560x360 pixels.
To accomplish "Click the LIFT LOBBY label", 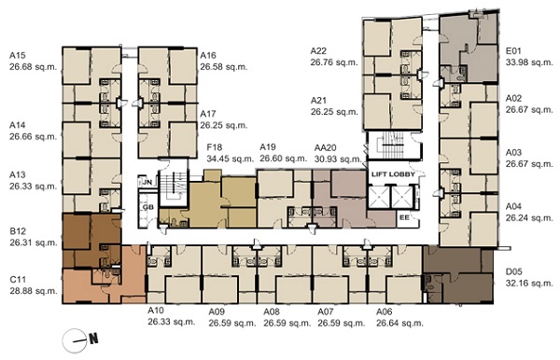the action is pos(393,174).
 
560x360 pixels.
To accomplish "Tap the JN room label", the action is pos(147,182).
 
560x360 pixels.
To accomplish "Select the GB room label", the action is pos(147,207).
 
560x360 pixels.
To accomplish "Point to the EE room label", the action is pos(404,216).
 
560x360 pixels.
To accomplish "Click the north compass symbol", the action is pos(80,340).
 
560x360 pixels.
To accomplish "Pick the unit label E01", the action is pos(513,50).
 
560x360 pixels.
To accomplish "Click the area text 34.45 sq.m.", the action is pos(230,159).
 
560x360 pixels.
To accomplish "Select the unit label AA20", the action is pos(326,147).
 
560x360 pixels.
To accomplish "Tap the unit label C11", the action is pos(18,279).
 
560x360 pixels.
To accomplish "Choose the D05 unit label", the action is pos(513,272).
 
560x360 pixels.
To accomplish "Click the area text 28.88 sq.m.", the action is pos(34,291).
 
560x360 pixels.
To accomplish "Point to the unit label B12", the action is pos(18,231).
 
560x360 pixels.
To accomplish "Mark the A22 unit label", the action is pos(318,50).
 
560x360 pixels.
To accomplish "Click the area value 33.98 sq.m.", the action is pos(529,62).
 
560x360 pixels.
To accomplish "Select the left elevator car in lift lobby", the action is pos(379,197).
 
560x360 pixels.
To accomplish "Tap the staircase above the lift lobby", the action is pos(393,145).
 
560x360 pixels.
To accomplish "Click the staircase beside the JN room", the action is pos(174,187).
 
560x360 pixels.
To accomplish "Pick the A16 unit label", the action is pos(208,55).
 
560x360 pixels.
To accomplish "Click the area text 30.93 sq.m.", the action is pos(338,159).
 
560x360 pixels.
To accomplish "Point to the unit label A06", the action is pos(384,312).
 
